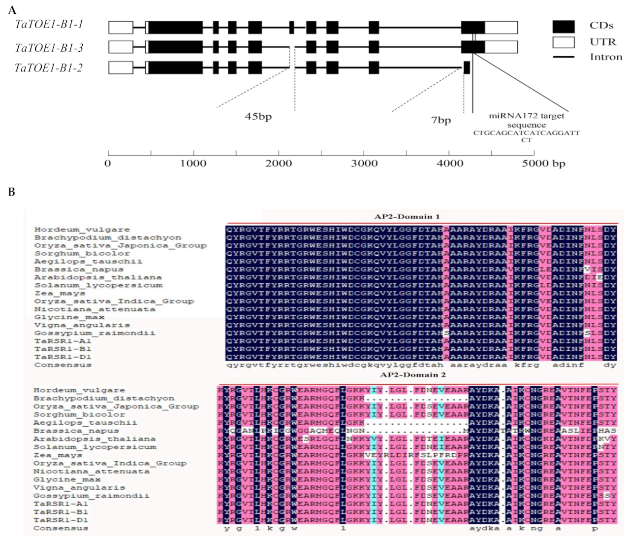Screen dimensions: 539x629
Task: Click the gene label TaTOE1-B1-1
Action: tap(49, 24)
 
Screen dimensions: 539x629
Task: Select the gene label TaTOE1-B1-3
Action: tap(49, 48)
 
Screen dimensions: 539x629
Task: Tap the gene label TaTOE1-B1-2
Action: tap(48, 67)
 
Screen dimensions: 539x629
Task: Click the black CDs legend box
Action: tap(563, 27)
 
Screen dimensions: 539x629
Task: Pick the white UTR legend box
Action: tap(563, 42)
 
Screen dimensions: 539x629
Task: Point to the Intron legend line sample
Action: tap(563, 57)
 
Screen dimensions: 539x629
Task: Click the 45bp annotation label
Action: tap(258, 117)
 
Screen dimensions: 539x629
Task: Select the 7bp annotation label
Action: tap(440, 120)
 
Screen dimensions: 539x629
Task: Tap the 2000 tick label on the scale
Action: tap(279, 164)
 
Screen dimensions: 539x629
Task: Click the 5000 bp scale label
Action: tap(543, 164)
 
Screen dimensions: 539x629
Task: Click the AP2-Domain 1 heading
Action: tap(407, 216)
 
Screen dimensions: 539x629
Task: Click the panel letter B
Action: tap(12, 192)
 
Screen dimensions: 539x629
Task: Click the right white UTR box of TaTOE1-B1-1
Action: tap(501, 28)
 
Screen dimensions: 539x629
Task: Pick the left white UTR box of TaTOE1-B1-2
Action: tap(121, 67)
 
